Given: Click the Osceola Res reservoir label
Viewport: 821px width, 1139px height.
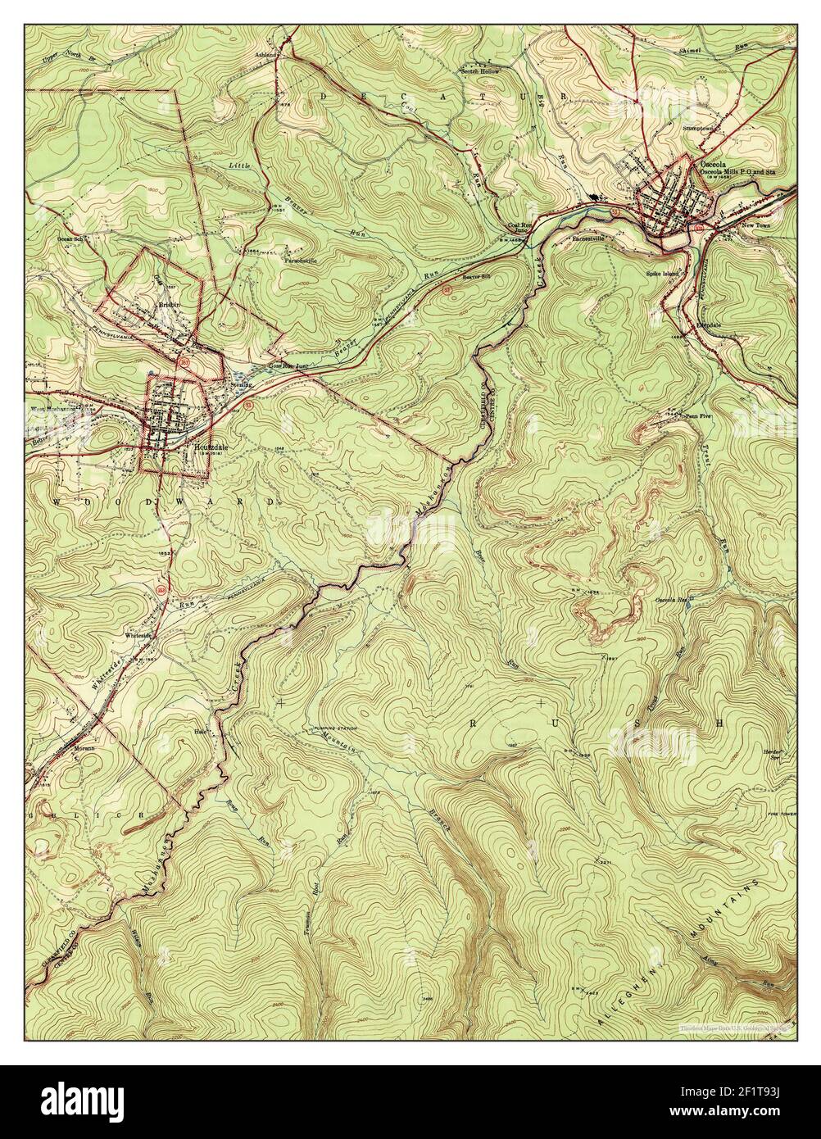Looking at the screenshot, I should point(669,600).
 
